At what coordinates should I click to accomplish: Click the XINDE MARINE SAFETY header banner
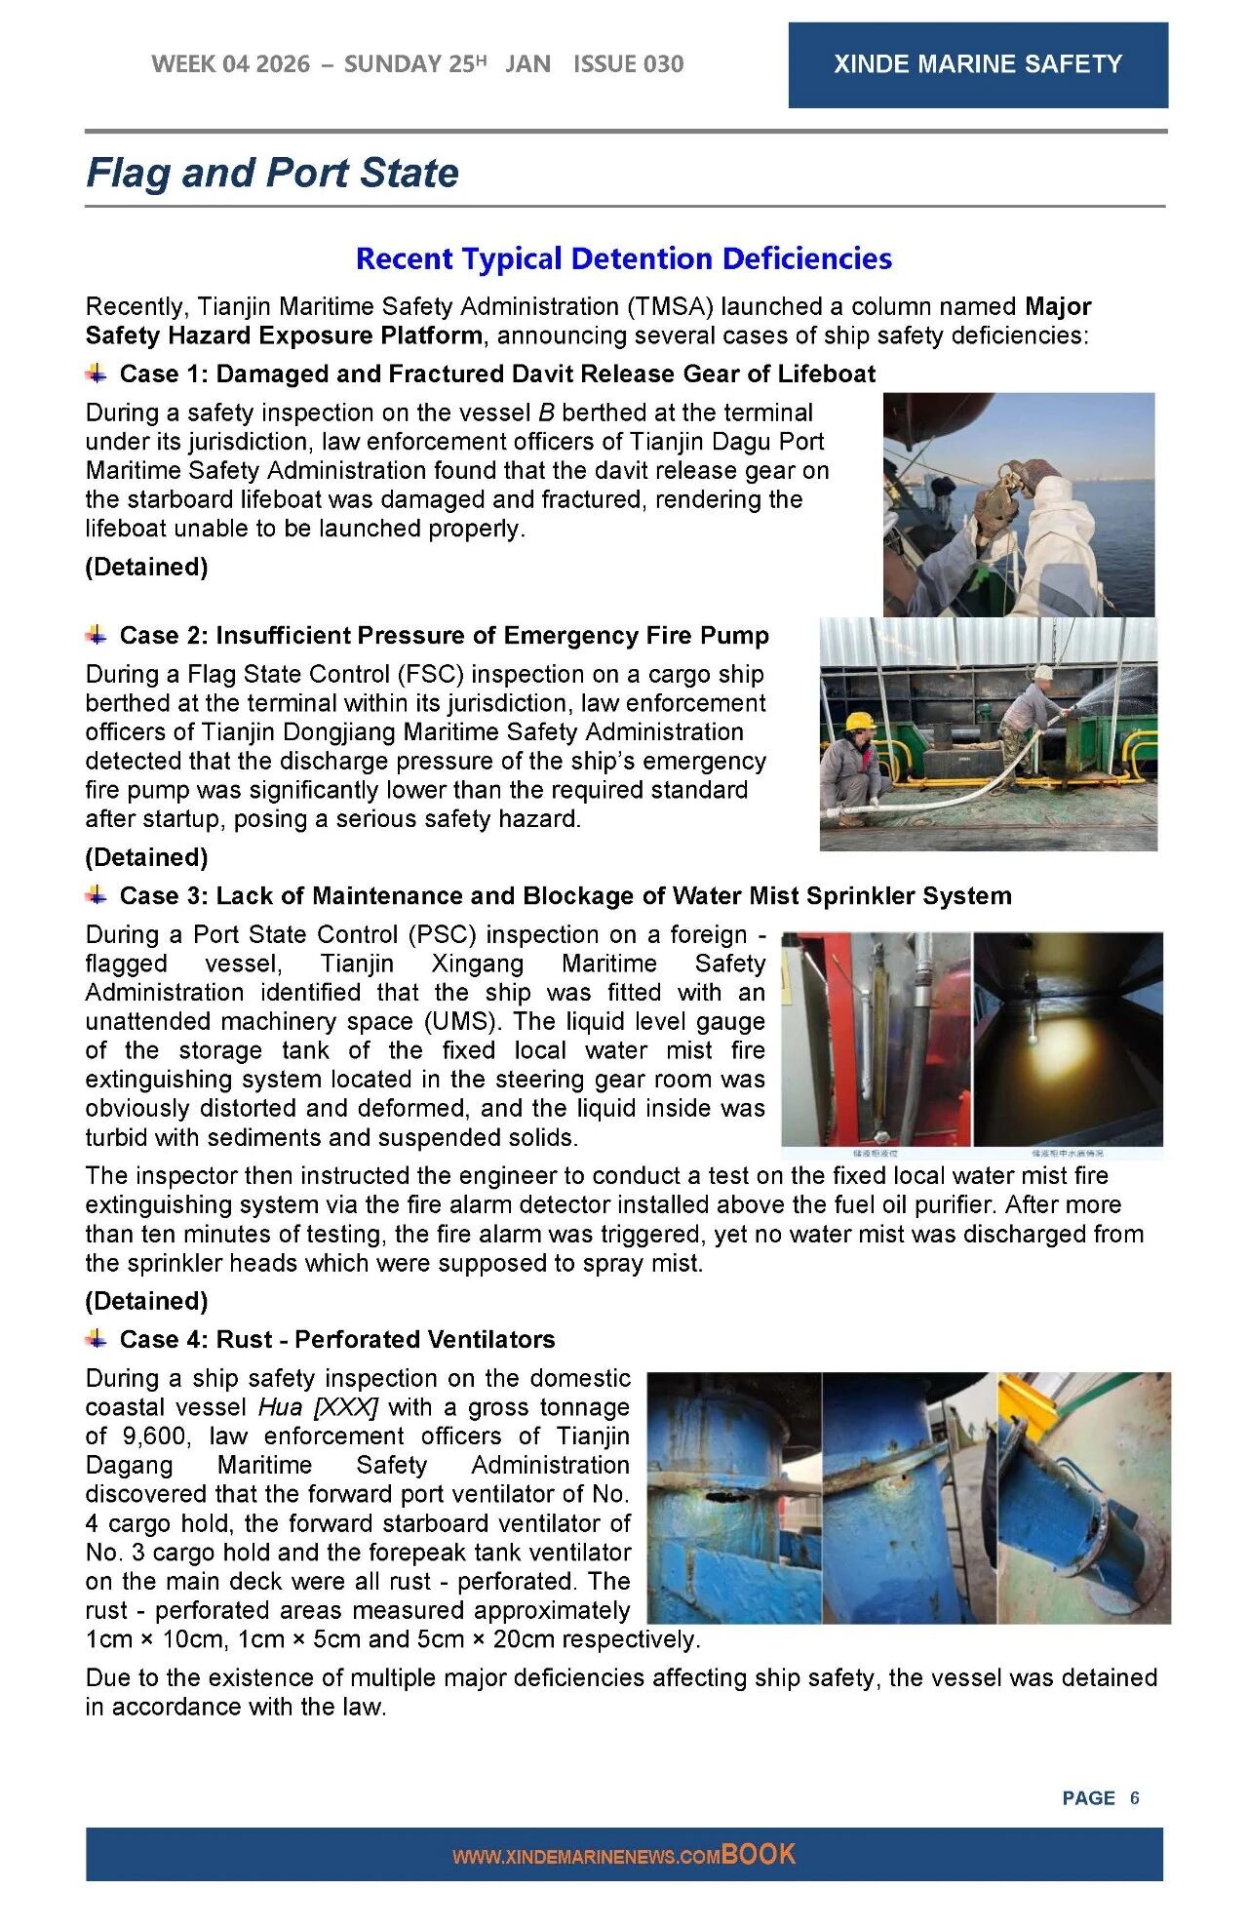(977, 64)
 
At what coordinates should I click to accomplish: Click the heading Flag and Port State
(272, 173)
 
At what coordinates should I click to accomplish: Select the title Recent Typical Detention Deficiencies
(623, 258)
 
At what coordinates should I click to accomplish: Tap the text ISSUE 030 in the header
(628, 64)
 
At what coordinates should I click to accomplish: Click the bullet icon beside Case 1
(97, 373)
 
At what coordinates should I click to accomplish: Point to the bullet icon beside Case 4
(97, 1338)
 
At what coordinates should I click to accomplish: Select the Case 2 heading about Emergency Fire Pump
(444, 635)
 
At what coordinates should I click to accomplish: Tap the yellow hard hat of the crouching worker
(859, 722)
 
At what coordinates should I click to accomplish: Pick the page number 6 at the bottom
(1134, 1797)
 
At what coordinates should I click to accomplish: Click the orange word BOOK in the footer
(759, 1854)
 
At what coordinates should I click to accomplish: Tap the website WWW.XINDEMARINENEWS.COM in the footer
(586, 1857)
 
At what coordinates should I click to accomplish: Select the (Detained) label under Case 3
(146, 1300)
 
